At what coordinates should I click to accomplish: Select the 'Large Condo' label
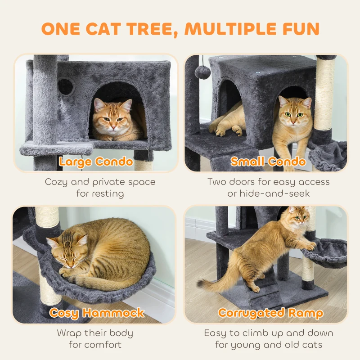click(x=96, y=162)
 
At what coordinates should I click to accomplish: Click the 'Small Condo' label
click(x=268, y=162)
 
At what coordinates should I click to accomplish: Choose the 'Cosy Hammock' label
click(x=97, y=313)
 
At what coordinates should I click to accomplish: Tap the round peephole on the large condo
click(x=66, y=86)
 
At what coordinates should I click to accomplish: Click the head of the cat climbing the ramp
click(x=297, y=219)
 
